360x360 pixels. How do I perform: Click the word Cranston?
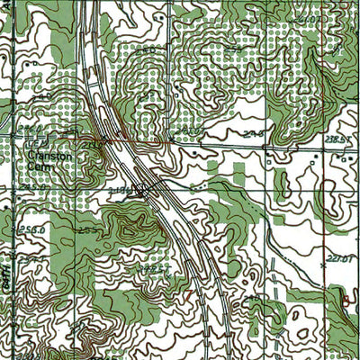click(x=43, y=155)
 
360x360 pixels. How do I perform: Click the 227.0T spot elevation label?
click(x=339, y=259)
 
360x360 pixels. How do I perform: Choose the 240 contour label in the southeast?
click(x=251, y=298)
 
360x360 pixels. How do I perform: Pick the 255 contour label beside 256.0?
click(x=87, y=230)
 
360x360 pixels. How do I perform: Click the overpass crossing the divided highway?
click(x=144, y=190)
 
